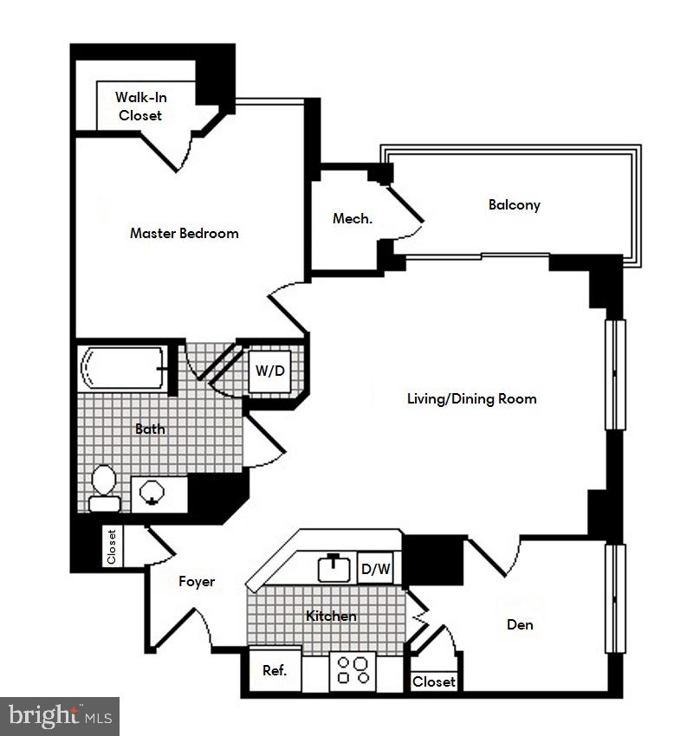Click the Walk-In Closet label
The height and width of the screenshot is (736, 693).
pyautogui.click(x=140, y=107)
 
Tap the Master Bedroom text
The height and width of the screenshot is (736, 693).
pyautogui.click(x=184, y=233)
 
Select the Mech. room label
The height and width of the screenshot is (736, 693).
pyautogui.click(x=353, y=219)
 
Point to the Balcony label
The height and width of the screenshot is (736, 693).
pyautogui.click(x=514, y=205)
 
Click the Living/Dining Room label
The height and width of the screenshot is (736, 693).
pyautogui.click(x=472, y=399)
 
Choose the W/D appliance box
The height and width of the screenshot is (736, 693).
pyautogui.click(x=269, y=371)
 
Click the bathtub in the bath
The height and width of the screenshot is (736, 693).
pyautogui.click(x=123, y=370)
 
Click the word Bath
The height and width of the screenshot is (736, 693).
pyautogui.click(x=150, y=429)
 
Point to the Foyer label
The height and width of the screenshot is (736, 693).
pyautogui.click(x=197, y=582)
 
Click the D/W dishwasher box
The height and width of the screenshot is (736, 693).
pyautogui.click(x=376, y=570)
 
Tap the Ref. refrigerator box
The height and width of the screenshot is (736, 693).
pyautogui.click(x=275, y=670)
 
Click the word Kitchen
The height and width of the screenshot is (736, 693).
pyautogui.click(x=331, y=617)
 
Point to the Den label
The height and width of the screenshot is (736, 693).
pyautogui.click(x=520, y=624)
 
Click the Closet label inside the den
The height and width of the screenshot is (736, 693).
pyautogui.click(x=433, y=682)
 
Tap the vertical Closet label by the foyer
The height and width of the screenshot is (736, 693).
pyautogui.click(x=112, y=547)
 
